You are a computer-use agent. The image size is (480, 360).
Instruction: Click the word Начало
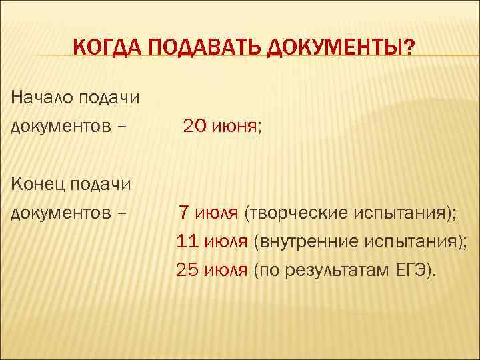pyautogui.click(x=42, y=98)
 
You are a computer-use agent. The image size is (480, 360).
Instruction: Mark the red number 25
pyautogui.click(x=187, y=270)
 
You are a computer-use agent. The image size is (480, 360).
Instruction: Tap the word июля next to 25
pyautogui.click(x=227, y=270)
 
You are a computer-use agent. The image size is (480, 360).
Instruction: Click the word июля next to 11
pyautogui.click(x=227, y=241)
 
